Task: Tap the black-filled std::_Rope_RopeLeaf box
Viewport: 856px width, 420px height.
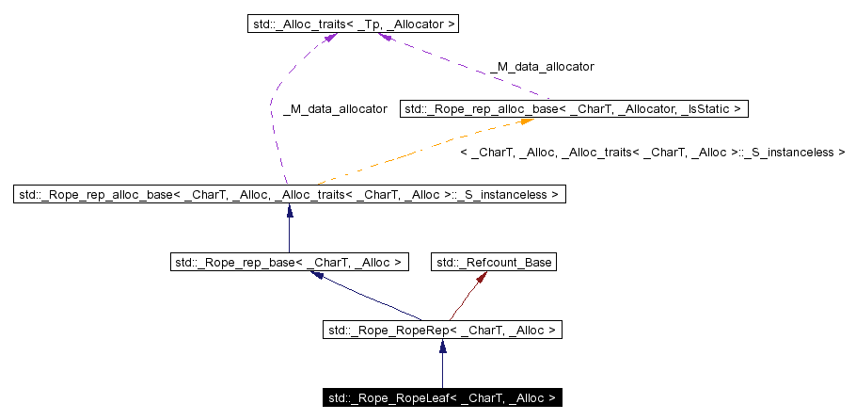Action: pos(442,398)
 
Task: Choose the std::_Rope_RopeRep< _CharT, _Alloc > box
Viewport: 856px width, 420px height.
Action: pos(442,331)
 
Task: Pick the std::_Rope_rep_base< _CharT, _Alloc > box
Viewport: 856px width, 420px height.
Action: pos(289,263)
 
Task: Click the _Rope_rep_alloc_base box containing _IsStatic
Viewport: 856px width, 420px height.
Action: pos(574,110)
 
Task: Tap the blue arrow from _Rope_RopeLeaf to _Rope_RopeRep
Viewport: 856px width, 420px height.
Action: pos(442,364)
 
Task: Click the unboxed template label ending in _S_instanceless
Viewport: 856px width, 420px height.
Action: pos(652,152)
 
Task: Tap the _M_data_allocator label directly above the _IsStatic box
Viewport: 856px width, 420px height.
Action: pos(542,67)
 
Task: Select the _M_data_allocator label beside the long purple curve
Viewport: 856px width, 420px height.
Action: pos(334,109)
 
